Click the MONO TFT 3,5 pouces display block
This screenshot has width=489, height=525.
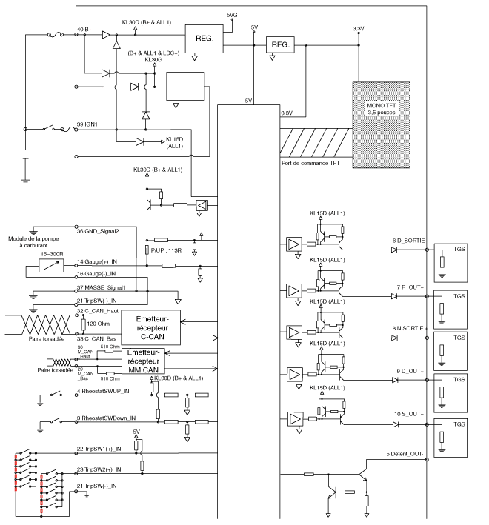(381, 124)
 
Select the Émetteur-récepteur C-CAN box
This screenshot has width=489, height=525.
(150, 327)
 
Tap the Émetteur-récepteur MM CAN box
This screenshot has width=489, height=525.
(143, 361)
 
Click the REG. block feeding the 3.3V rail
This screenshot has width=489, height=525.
(280, 44)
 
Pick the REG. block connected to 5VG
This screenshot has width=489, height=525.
(204, 39)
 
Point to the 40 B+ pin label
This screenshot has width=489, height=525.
(84, 30)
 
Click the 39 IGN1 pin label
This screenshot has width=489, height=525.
(87, 124)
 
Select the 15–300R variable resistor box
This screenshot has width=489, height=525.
(51, 266)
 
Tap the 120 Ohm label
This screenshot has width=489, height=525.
(98, 324)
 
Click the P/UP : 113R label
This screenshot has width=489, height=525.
(166, 250)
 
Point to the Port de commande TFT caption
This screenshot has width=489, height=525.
(310, 163)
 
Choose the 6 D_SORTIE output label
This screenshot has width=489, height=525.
(409, 241)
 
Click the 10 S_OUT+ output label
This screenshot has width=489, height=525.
(409, 414)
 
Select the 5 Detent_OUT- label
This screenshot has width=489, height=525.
(405, 454)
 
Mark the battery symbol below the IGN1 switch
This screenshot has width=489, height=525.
(25, 154)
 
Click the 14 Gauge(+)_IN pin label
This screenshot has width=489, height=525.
(97, 261)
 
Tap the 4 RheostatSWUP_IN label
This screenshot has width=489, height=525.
(103, 391)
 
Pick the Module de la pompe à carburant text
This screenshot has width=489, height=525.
(33, 241)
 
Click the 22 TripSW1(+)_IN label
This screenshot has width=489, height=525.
(99, 449)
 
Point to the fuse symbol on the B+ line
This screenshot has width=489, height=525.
(56, 35)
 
